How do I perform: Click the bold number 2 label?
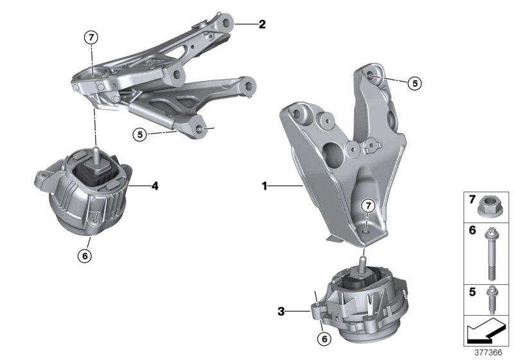tap(261, 25)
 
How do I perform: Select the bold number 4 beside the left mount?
tap(155, 187)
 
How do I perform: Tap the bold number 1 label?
tap(264, 186)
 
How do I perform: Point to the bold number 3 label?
tap(281, 312)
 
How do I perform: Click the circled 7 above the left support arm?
tap(91, 37)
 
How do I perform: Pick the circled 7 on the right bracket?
tap(367, 206)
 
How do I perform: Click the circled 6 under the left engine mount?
tap(85, 255)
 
